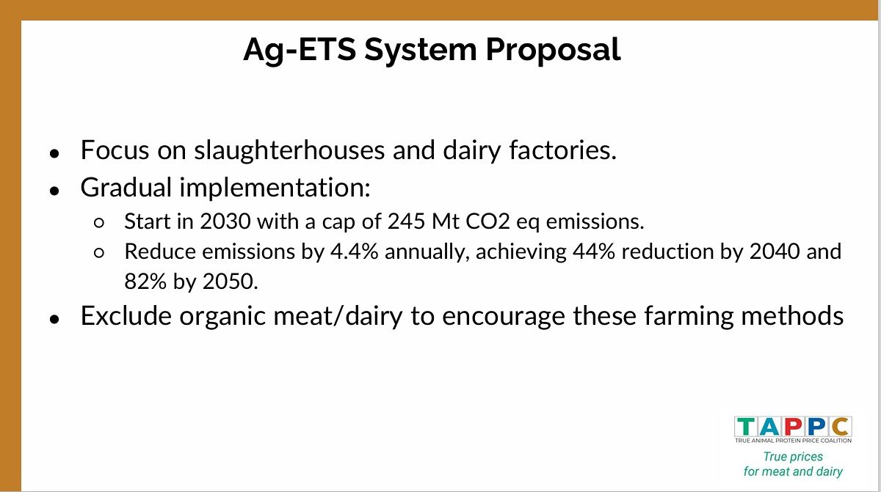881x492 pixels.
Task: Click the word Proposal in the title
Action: [553, 51]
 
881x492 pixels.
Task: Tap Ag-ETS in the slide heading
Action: [300, 51]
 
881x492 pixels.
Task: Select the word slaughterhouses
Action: [289, 150]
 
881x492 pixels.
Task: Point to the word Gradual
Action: [126, 187]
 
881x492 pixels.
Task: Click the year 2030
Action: [225, 221]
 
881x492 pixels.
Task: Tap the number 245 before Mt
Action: [406, 221]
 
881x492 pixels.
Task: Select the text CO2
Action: [487, 221]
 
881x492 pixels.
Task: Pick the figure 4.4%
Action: [354, 251]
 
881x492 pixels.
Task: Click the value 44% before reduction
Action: [593, 251]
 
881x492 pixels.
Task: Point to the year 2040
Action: [775, 251]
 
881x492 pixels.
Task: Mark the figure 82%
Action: [145, 282]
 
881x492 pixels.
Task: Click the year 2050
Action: [230, 282]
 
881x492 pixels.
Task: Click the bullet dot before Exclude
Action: [54, 319]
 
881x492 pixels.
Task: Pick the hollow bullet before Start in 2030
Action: [99, 223]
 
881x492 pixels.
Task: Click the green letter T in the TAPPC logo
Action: [746, 427]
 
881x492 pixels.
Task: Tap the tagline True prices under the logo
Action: [793, 457]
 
